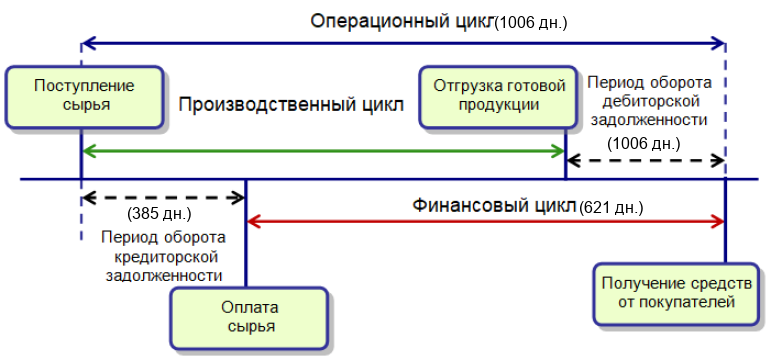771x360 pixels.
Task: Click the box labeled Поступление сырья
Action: tap(84, 97)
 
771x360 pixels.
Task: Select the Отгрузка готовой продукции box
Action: tap(499, 97)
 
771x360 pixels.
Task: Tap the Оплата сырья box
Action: tap(249, 318)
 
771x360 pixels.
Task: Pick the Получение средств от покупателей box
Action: tap(676, 294)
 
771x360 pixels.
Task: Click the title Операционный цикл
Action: tap(402, 22)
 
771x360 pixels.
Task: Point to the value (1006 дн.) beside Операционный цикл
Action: tap(531, 23)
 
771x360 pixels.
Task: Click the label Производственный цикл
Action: tap(291, 105)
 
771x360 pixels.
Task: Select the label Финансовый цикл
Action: tap(493, 205)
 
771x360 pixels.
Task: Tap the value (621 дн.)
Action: tap(611, 208)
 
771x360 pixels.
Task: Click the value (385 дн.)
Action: tap(159, 214)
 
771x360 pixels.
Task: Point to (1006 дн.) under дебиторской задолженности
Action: tap(643, 144)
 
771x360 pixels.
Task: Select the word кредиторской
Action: tap(164, 257)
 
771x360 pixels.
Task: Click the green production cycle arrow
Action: tap(324, 151)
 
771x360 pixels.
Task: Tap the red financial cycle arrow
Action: tap(486, 222)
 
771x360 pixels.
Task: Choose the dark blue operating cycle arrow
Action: tap(404, 43)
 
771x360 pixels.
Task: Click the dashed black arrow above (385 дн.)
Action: tap(164, 198)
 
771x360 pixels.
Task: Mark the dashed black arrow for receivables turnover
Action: tap(646, 160)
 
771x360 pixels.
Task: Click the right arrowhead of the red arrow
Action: tap(720, 222)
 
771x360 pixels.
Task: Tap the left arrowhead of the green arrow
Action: tap(88, 151)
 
